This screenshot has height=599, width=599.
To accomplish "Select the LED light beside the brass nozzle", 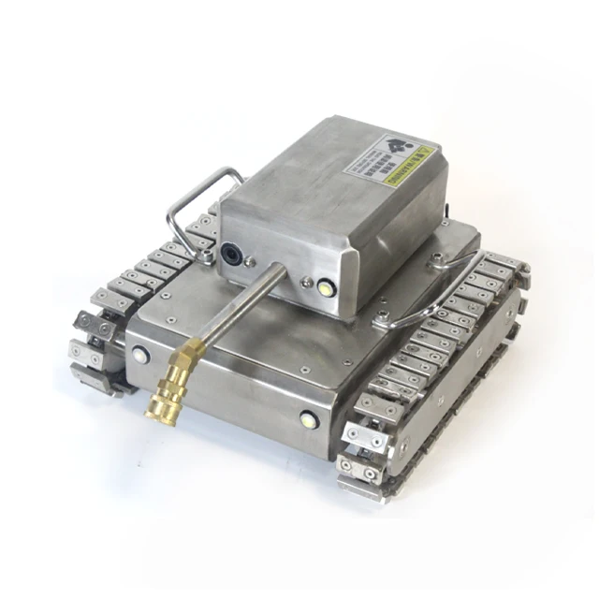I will click(140, 355).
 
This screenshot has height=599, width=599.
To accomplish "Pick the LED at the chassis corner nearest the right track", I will click(308, 419).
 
